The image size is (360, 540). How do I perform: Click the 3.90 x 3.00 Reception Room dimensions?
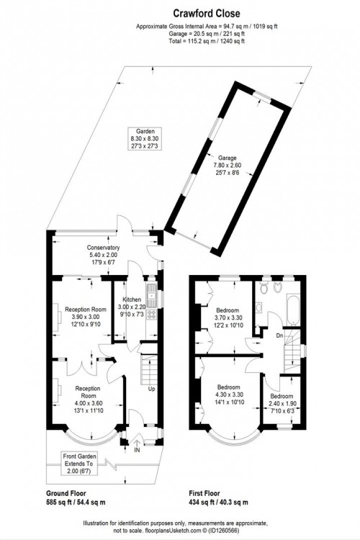tap(85, 317)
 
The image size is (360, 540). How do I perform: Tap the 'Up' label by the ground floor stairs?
tap(152, 390)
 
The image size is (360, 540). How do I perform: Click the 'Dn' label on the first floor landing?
tap(280, 335)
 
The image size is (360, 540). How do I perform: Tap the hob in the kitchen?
tap(152, 314)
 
